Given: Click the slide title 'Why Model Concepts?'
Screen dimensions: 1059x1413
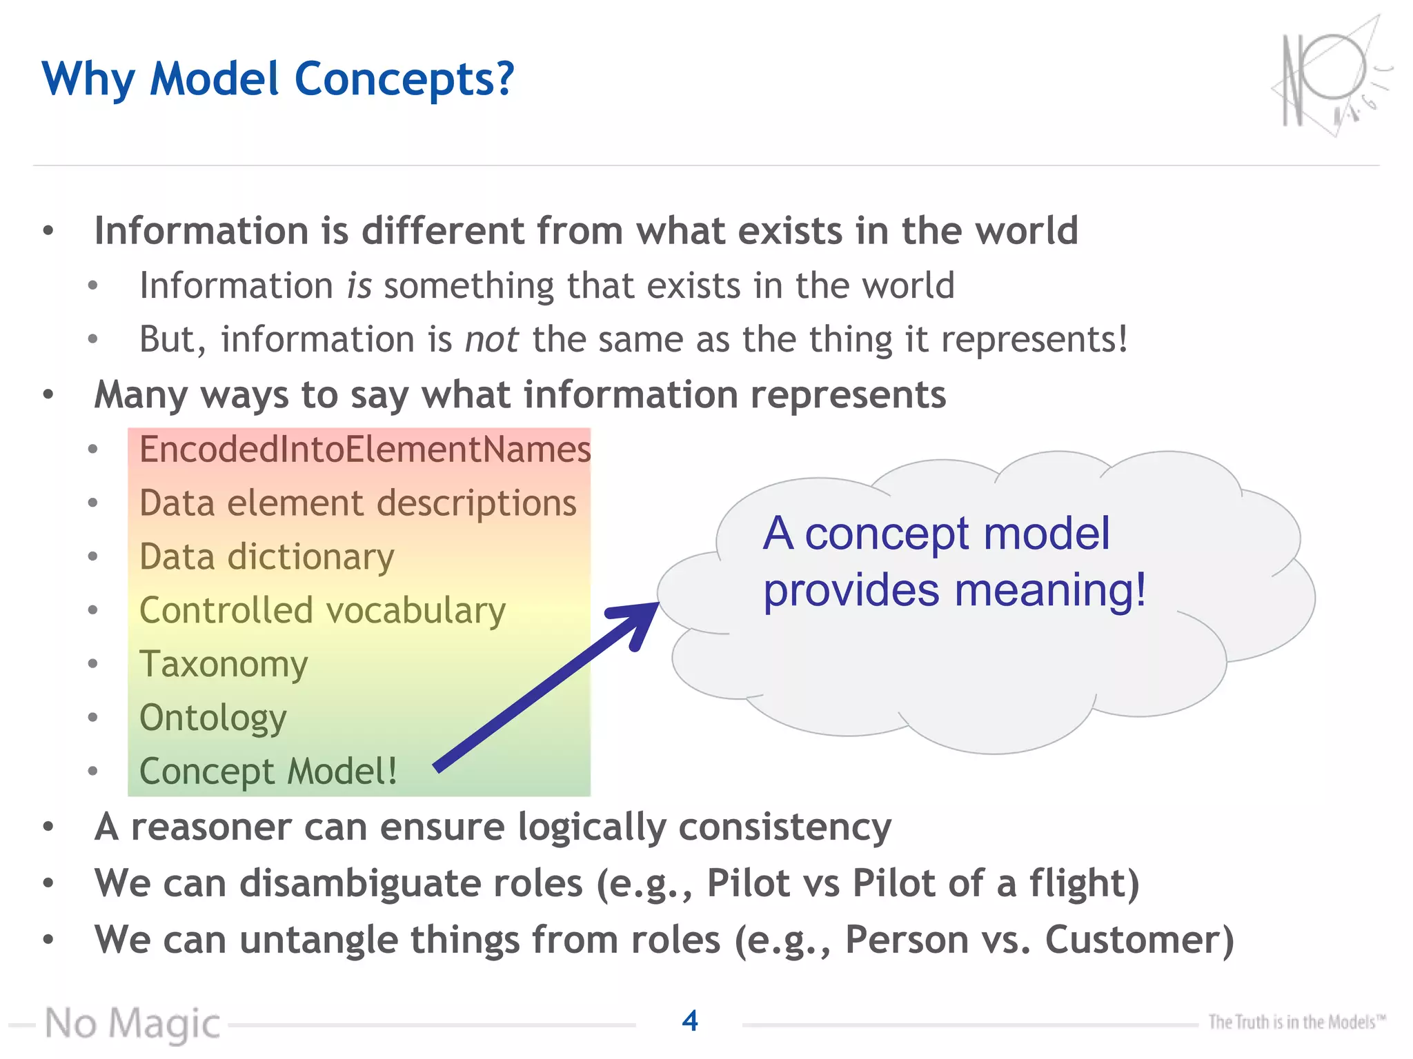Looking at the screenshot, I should point(277,79).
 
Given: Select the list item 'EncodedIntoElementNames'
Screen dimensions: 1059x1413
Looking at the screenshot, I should point(364,450).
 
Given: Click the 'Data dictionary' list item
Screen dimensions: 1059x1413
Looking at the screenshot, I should point(266,557).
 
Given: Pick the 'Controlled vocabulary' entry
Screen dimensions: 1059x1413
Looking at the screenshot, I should point(322,611).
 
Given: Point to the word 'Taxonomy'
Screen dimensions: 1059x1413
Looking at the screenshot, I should point(223,665).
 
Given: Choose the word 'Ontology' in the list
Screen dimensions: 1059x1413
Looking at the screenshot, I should point(213,718).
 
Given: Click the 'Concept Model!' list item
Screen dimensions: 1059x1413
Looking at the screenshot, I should point(268,771).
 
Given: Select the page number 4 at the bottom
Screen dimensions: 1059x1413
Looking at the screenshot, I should point(689,1021).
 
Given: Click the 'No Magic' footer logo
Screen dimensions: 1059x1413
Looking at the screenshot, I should point(132,1024).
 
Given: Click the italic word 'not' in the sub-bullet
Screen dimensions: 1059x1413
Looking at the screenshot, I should point(491,340).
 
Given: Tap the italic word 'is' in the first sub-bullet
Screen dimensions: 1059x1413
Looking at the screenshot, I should point(359,286).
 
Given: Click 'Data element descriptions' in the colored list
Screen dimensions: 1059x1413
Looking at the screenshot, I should point(357,503).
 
